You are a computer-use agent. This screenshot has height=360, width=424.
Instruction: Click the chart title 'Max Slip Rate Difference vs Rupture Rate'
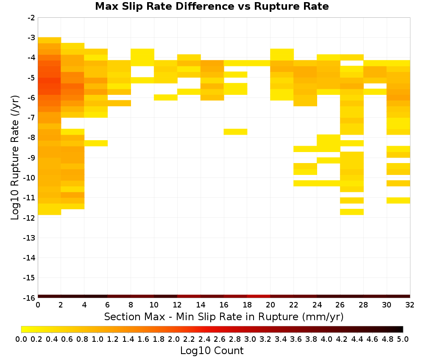[212, 6]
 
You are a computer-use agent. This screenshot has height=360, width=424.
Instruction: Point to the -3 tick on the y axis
[31, 38]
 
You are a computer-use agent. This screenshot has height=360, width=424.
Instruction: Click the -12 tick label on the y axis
[30, 218]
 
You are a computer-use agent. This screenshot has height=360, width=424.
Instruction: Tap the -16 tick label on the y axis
[30, 298]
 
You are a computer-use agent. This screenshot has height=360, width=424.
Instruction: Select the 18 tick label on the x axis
[247, 305]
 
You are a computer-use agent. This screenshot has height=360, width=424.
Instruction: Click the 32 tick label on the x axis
[410, 305]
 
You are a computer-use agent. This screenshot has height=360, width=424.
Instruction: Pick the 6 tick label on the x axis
[108, 305]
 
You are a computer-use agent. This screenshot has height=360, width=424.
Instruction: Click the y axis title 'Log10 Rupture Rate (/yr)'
[15, 158]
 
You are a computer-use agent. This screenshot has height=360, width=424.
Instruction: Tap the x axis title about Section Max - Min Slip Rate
[224, 317]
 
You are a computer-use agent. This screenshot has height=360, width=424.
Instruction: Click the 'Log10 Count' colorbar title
[212, 351]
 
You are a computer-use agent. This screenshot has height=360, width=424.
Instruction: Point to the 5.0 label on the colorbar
[403, 339]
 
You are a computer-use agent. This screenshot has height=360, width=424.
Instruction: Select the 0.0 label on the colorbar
[21, 339]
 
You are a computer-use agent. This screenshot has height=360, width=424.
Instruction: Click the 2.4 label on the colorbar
[204, 339]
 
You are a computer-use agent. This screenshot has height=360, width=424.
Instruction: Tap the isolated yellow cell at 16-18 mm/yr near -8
[235, 132]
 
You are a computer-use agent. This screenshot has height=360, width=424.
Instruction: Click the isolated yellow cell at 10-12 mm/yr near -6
[166, 97]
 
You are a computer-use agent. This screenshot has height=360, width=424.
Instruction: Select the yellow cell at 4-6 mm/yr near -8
[96, 143]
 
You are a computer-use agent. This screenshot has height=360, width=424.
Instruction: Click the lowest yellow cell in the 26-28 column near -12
[352, 212]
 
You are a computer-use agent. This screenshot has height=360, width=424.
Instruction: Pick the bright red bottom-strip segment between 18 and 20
[259, 296]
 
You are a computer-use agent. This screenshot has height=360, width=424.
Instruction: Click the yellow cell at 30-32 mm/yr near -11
[398, 200]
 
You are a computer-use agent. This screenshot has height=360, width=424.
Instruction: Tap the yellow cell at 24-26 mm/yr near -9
[329, 160]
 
